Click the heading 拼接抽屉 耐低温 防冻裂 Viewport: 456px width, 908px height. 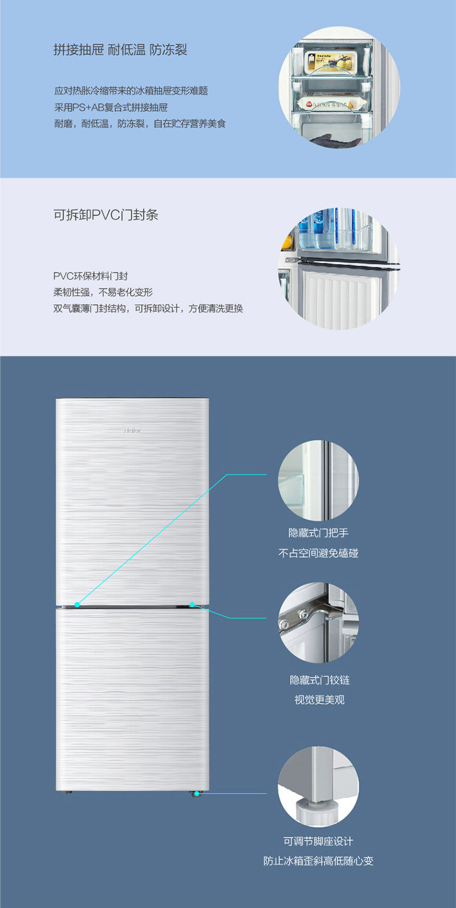(x=120, y=50)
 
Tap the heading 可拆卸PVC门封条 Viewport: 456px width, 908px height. (x=106, y=215)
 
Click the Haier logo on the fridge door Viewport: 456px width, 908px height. (x=133, y=431)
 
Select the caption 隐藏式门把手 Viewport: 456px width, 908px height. (x=318, y=533)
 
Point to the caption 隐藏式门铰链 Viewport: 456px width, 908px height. (x=319, y=680)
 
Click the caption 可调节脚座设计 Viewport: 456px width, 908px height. (x=318, y=841)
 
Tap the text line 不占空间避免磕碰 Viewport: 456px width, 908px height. (x=318, y=554)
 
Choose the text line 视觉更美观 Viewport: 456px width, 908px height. (x=319, y=700)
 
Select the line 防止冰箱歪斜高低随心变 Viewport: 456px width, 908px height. (x=318, y=862)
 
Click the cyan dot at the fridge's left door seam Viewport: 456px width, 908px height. (x=77, y=604)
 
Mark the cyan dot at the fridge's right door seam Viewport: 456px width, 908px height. (x=192, y=604)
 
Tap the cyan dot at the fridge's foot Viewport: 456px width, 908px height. (x=196, y=794)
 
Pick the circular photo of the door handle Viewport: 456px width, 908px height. (x=318, y=481)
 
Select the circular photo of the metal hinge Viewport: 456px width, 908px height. (x=318, y=623)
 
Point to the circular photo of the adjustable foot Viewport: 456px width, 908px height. (x=318, y=787)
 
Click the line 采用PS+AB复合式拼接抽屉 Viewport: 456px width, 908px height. (x=111, y=108)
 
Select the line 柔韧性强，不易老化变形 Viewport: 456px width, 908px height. (x=103, y=292)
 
